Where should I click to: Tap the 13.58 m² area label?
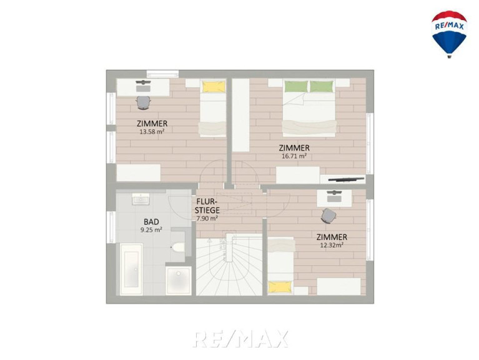pyautogui.click(x=152, y=132)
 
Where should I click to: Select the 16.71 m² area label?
pyautogui.click(x=294, y=156)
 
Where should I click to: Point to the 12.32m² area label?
pyautogui.click(x=332, y=245)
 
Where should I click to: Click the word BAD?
pyautogui.click(x=151, y=222)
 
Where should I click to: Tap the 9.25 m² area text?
pyautogui.click(x=151, y=230)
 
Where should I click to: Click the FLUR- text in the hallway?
pyautogui.click(x=207, y=202)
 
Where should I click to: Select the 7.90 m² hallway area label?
pyautogui.click(x=207, y=219)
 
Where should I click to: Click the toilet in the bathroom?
pyautogui.click(x=178, y=247)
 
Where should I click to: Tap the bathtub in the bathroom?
pyautogui.click(x=131, y=269)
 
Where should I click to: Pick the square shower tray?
pyautogui.click(x=179, y=281)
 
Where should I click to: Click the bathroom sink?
pyautogui.click(x=141, y=199)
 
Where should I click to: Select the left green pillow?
pyautogui.click(x=296, y=86)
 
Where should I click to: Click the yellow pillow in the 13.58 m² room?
pyautogui.click(x=214, y=86)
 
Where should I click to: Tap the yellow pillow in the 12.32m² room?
pyautogui.click(x=280, y=287)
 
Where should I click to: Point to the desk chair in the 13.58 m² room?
pyautogui.click(x=143, y=102)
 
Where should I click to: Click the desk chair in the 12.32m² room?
pyautogui.click(x=328, y=216)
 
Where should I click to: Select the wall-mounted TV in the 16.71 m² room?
pyautogui.click(x=347, y=179)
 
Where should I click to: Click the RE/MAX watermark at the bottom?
pyautogui.click(x=240, y=339)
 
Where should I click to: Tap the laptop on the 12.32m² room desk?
pyautogui.click(x=334, y=196)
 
